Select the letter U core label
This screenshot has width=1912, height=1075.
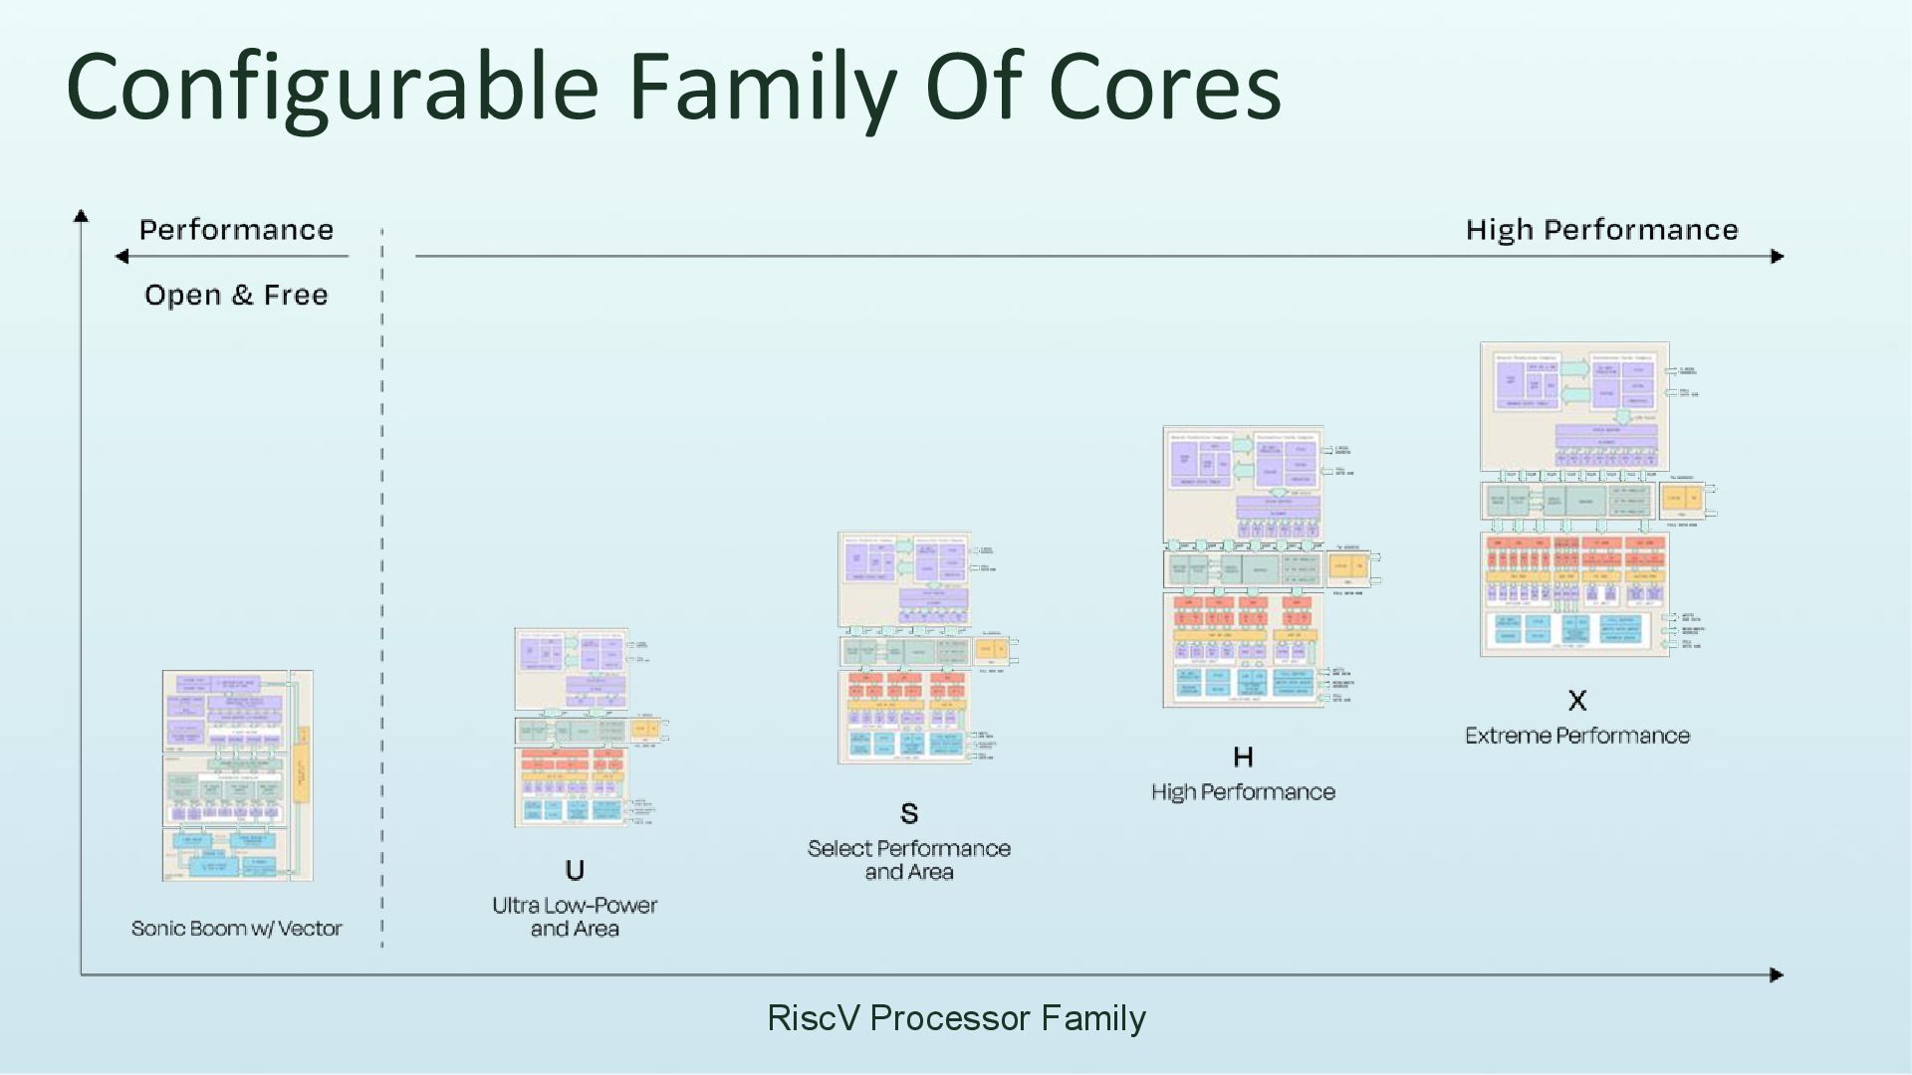pyautogui.click(x=575, y=871)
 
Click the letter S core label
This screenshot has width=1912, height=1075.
pyautogui.click(x=909, y=814)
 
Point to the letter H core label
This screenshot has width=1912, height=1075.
pyautogui.click(x=1243, y=757)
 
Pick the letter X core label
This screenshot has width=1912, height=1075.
pyautogui.click(x=1577, y=701)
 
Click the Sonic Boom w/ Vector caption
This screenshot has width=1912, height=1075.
pyautogui.click(x=236, y=929)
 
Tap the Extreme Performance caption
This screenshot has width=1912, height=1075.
pyautogui.click(x=1577, y=736)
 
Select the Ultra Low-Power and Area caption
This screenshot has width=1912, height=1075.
pyautogui.click(x=575, y=917)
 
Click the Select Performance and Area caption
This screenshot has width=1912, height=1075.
pyautogui.click(x=909, y=860)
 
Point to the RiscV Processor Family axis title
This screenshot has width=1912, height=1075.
pyautogui.click(x=956, y=1018)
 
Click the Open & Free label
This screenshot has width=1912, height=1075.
pyautogui.click(x=236, y=295)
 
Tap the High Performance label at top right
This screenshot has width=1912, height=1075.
pyautogui.click(x=1601, y=230)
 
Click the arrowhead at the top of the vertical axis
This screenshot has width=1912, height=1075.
pyautogui.click(x=82, y=215)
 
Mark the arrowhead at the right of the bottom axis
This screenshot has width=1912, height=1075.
pyautogui.click(x=1777, y=974)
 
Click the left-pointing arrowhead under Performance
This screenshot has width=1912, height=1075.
pyautogui.click(x=121, y=257)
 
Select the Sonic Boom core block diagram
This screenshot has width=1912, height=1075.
pyautogui.click(x=238, y=775)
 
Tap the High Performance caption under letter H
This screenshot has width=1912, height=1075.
pyautogui.click(x=1243, y=792)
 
